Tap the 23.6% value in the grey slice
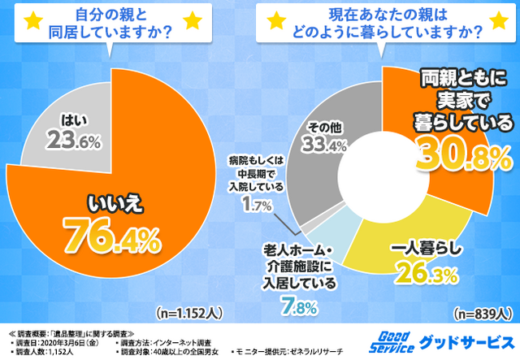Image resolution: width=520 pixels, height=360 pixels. [x=75, y=141]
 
